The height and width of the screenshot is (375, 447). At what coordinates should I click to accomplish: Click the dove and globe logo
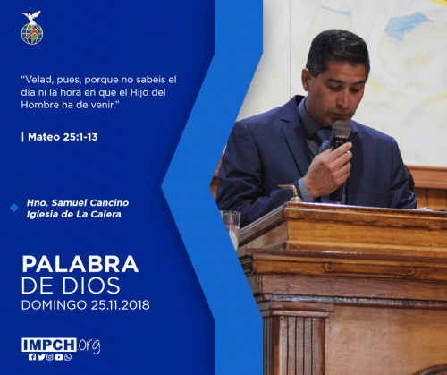[32, 28]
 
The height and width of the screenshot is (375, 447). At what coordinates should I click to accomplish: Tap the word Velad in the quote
[37, 80]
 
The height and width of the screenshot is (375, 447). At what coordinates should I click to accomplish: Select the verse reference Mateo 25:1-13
[63, 137]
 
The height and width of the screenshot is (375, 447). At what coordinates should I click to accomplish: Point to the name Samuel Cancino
[90, 203]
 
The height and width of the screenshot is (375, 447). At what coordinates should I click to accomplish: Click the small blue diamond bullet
[14, 208]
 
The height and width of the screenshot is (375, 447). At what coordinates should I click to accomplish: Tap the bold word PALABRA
[80, 264]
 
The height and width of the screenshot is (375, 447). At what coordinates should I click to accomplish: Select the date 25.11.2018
[120, 305]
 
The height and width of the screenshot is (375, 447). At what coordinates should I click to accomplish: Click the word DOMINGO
[54, 305]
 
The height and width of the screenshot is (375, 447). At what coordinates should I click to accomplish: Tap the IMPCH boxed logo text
[49, 345]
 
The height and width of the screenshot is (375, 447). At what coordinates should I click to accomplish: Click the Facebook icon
[32, 357]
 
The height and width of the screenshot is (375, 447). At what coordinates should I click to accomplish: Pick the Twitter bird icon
[41, 357]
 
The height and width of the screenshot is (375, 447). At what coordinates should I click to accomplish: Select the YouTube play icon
[59, 357]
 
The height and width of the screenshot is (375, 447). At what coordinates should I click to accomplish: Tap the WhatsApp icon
[68, 357]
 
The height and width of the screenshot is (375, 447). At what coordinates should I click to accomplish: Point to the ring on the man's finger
[349, 152]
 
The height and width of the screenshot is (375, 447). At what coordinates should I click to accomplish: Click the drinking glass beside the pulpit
[231, 228]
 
